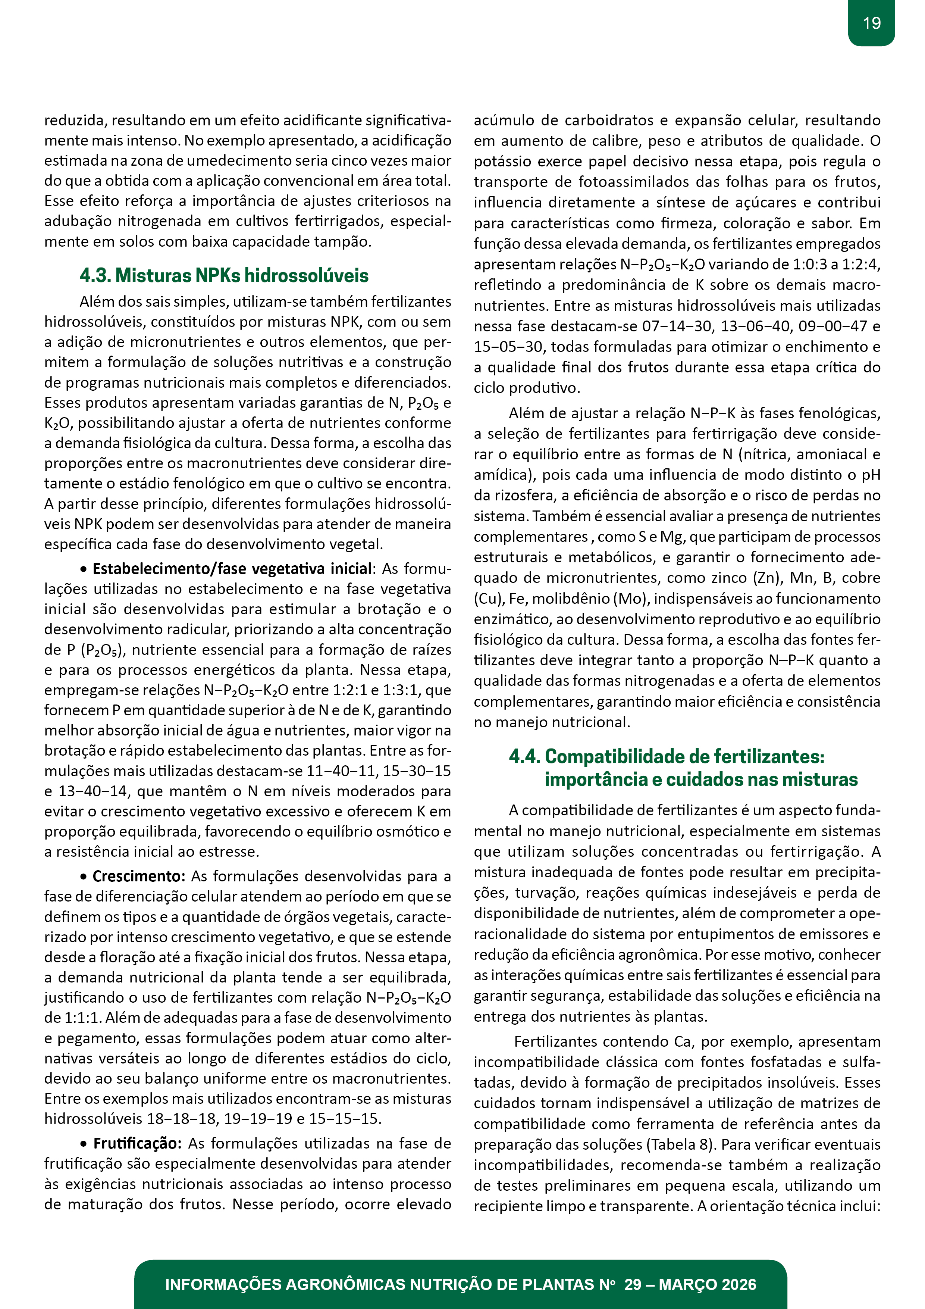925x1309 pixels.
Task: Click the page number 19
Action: [871, 24]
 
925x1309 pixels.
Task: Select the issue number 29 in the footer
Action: [633, 1284]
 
